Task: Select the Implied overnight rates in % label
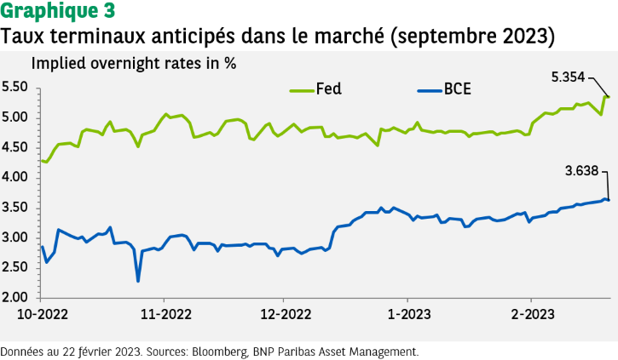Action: tap(134, 63)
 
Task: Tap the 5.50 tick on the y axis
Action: tap(16, 87)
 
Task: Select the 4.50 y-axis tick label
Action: tap(16, 147)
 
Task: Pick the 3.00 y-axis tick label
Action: tap(16, 237)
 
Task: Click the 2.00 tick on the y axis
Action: tap(16, 298)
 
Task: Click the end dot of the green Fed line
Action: tap(609, 96)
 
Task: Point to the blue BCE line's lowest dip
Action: tap(138, 281)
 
